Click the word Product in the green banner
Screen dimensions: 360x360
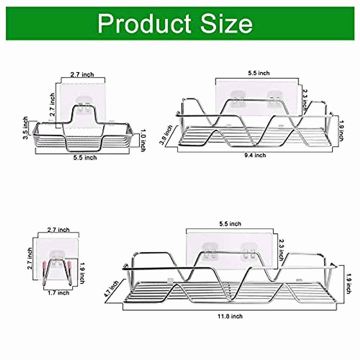(x=144, y=24)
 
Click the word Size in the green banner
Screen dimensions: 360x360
(x=226, y=24)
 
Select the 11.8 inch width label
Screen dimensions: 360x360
(x=230, y=316)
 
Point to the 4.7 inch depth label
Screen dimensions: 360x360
(x=111, y=289)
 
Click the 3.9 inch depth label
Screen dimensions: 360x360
(x=166, y=135)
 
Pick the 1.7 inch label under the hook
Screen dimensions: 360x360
(x=58, y=292)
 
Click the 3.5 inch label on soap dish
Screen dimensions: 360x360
(x=25, y=128)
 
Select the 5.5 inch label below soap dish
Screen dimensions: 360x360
(x=85, y=157)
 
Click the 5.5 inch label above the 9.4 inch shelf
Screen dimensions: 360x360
(x=259, y=73)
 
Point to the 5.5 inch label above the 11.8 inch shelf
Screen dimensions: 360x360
(x=230, y=224)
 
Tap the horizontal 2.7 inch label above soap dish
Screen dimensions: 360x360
(x=82, y=74)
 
